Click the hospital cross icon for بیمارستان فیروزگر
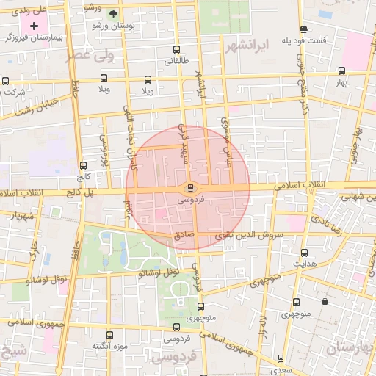(x=34, y=26)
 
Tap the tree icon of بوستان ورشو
(x=112, y=14)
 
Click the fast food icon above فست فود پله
(x=303, y=29)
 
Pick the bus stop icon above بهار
(x=341, y=71)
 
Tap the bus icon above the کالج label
(x=82, y=165)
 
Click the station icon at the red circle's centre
(x=189, y=188)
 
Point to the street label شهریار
(x=23, y=216)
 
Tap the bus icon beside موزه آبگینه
(x=109, y=335)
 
